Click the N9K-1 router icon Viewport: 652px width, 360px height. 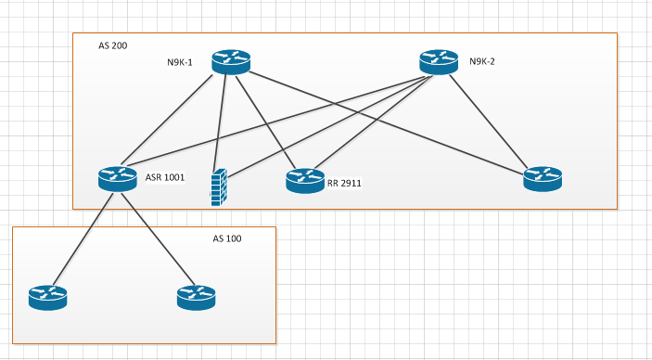[x=230, y=62]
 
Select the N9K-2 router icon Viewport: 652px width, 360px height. [x=438, y=62]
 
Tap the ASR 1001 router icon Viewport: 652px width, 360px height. [x=117, y=178]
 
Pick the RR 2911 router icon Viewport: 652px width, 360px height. [x=305, y=179]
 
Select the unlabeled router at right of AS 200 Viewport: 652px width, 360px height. [x=543, y=179]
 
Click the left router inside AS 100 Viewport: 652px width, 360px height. [x=47, y=297]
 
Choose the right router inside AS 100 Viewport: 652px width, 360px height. [x=196, y=297]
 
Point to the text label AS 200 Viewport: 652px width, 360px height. [x=113, y=45]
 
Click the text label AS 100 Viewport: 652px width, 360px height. [x=227, y=239]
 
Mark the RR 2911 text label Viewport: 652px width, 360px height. [x=344, y=184]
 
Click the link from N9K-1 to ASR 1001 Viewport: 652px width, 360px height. [x=173, y=121]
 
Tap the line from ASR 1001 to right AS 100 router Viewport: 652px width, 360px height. [x=155, y=236]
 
